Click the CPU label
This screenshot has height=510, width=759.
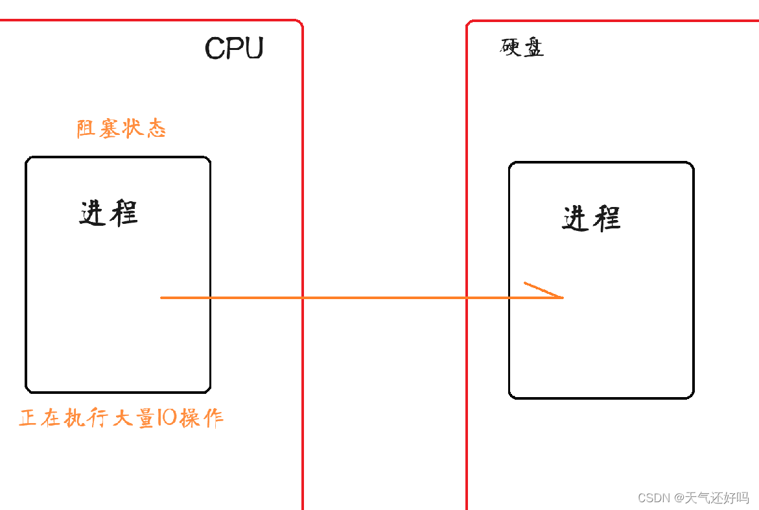[234, 48]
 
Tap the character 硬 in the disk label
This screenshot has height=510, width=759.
[511, 47]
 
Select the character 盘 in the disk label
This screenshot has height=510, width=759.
[533, 48]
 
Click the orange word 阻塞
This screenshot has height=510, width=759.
[98, 128]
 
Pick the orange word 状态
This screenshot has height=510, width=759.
[144, 128]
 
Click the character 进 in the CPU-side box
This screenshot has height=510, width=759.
[93, 213]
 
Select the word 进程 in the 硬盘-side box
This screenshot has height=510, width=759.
[591, 219]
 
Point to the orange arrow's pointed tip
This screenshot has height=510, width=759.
[562, 298]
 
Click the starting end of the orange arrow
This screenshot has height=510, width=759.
[162, 298]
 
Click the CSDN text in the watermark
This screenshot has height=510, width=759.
[653, 498]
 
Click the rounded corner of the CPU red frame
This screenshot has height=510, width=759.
[299, 24]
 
